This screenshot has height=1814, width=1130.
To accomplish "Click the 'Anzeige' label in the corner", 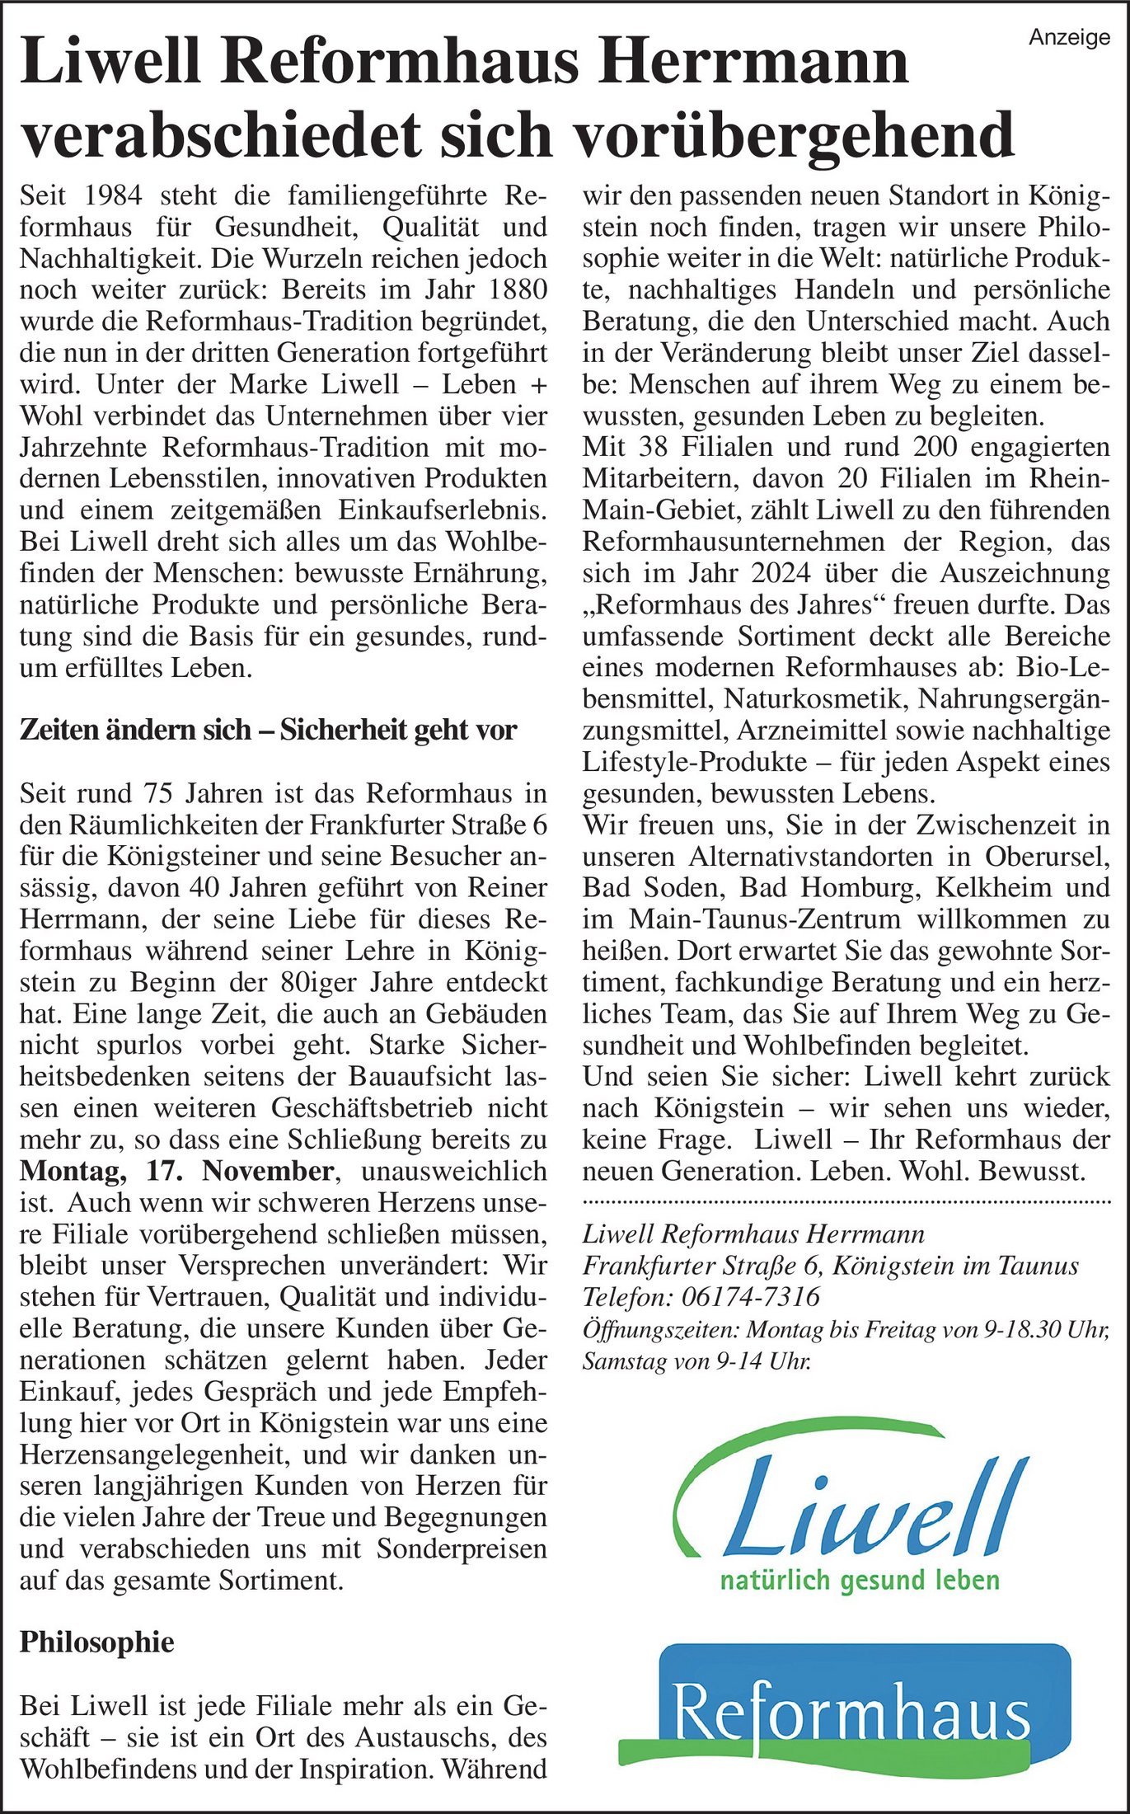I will click(x=1069, y=37).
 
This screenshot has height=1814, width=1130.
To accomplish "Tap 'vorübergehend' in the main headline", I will click(x=794, y=134).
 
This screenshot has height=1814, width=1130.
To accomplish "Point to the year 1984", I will click(x=114, y=195).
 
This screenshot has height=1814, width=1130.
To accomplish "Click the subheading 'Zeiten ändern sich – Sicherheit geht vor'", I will click(x=268, y=730).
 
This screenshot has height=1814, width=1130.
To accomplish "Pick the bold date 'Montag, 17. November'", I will click(x=176, y=1171).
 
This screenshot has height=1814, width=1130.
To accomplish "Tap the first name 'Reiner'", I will click(x=507, y=887).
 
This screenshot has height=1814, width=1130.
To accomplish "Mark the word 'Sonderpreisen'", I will click(x=462, y=1548).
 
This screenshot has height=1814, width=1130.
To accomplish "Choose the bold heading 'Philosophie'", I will click(x=96, y=1642).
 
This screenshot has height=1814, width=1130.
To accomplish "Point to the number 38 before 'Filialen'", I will click(x=654, y=448).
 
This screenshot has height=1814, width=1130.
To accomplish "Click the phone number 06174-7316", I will click(x=750, y=1297).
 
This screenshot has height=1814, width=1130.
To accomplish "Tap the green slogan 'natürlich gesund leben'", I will click(x=860, y=1580).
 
